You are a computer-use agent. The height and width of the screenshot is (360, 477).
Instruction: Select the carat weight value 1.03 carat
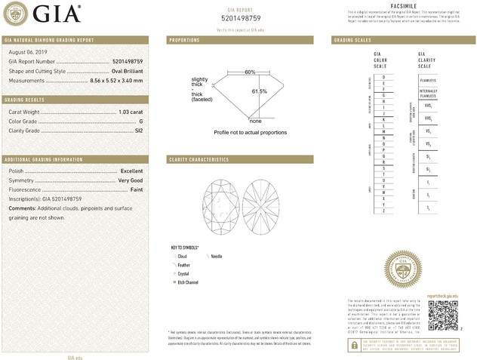point(131,112)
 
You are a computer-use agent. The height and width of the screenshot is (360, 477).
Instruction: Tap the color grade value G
point(140,121)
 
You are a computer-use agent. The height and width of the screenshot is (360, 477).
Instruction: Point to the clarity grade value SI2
point(138,130)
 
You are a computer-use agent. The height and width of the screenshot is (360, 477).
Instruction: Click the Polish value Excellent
point(131,171)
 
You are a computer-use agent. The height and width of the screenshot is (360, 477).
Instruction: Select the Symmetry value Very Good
point(130,180)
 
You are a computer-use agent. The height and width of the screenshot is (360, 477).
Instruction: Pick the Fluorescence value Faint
point(136,189)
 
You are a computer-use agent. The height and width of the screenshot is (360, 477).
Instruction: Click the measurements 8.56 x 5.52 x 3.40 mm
point(116,79)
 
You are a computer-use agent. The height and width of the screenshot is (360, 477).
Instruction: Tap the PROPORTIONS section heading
point(184,39)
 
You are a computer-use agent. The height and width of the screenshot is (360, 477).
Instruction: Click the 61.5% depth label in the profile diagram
point(260,91)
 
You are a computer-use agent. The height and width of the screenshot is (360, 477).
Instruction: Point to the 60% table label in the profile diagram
point(250,72)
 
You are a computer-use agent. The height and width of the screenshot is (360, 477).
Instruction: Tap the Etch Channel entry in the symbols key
point(187,281)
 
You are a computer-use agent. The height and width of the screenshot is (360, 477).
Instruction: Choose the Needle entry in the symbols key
point(226,257)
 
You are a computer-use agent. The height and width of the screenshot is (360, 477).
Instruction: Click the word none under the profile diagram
point(255,121)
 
